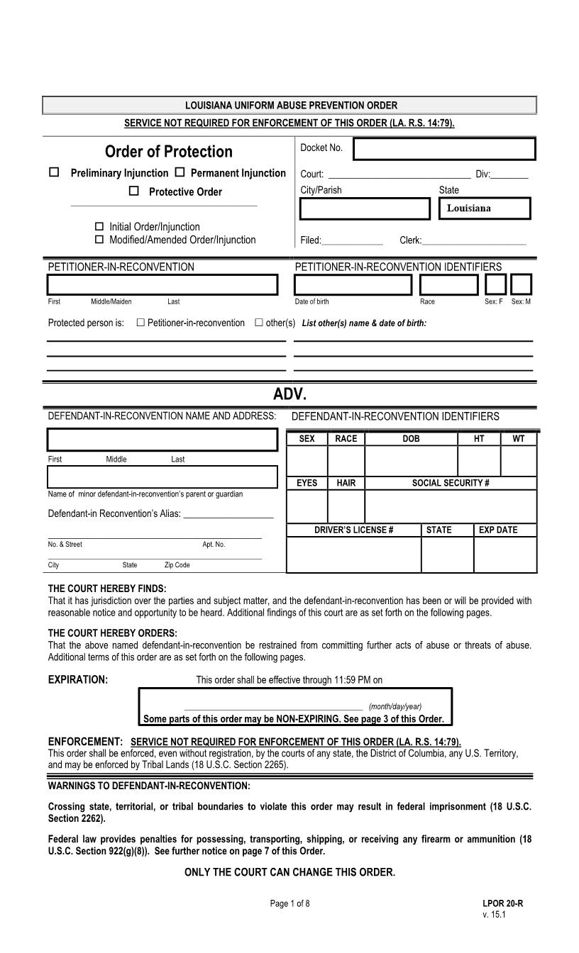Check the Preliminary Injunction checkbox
pos(54,172)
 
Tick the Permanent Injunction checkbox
pos(180,172)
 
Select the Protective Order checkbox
pos(134,191)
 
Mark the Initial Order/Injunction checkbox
pos(99,226)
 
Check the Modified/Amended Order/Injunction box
pos(99,240)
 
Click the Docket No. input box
pos(444,150)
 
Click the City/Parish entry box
pos(365,208)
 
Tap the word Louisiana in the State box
pos(469,208)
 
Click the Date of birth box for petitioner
pos(353,284)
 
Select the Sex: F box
pos(495,284)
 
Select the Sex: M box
pos(521,284)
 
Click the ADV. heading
pos(289,394)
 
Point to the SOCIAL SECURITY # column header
pos(451,483)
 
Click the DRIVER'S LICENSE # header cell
pos(353,530)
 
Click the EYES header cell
pos(307,483)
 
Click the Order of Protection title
pos(169,152)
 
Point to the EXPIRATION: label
pos(78,679)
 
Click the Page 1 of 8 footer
pos(289,903)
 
